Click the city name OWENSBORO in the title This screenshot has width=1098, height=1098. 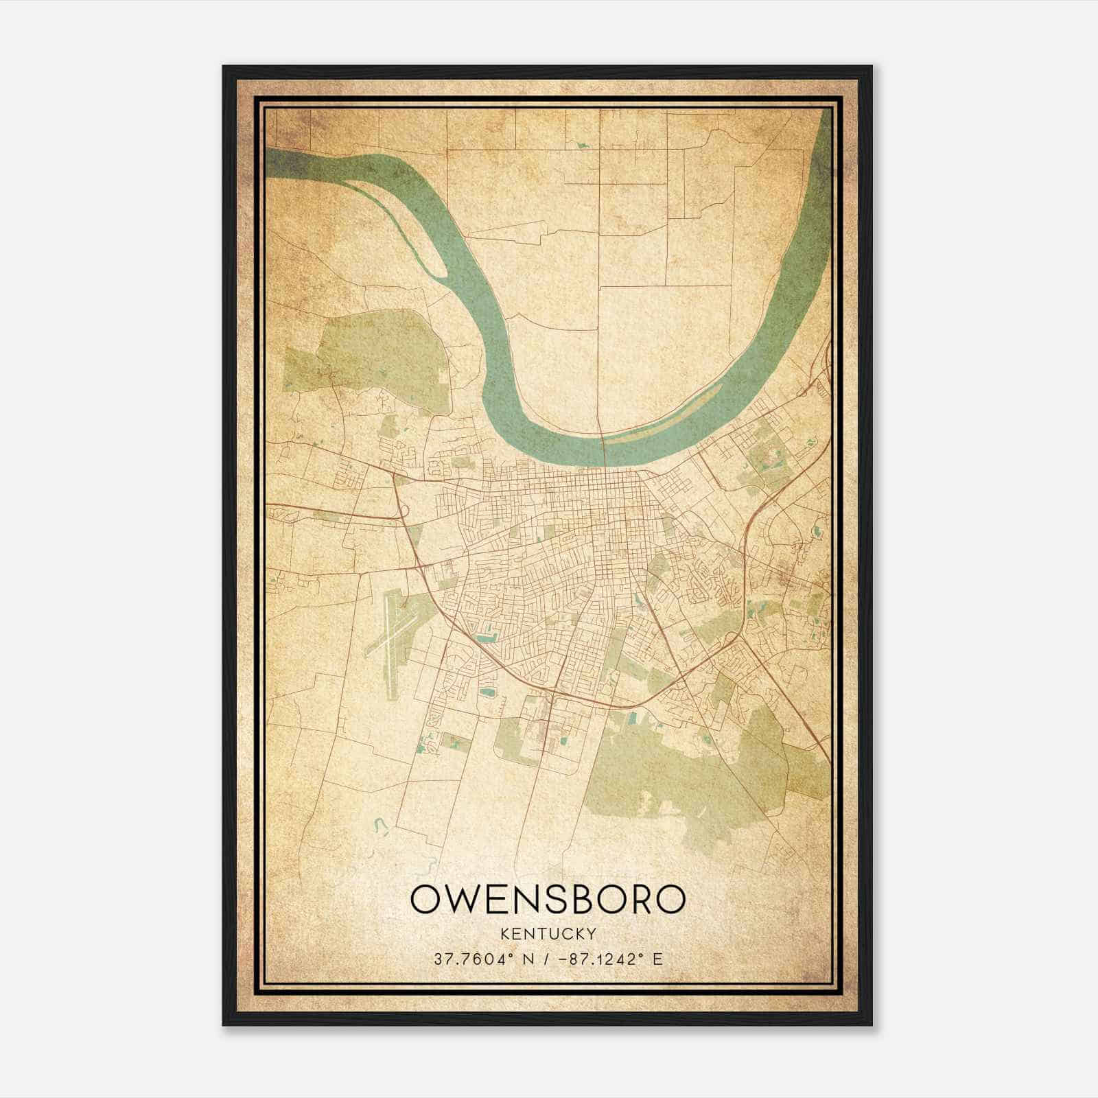click(548, 900)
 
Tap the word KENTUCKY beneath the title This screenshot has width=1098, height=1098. click(548, 934)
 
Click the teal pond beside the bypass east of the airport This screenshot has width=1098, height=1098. click(486, 639)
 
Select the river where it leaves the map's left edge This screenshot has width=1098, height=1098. click(274, 165)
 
